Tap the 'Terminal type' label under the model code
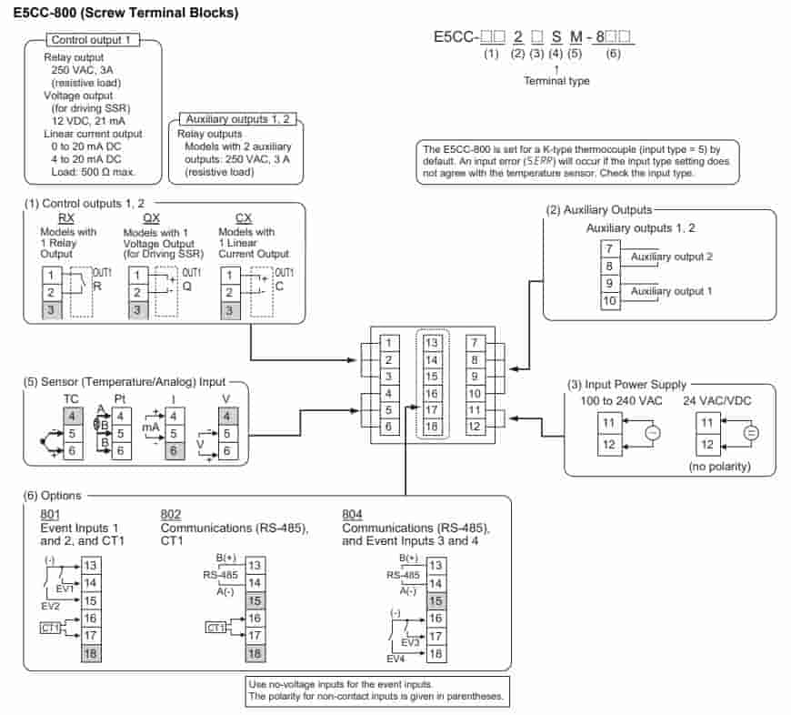pos(556,81)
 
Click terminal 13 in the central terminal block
pos(432,343)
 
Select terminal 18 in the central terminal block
pos(432,426)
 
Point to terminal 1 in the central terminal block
pos(387,343)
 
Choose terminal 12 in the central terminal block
pos(475,426)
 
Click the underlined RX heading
pos(66,218)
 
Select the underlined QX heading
pos(151,218)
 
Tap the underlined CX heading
pos(244,218)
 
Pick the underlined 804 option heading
pos(352,514)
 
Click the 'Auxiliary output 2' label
pos(671,257)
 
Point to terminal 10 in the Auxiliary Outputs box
pos(610,300)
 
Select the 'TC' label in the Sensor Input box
pos(70,398)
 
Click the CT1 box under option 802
pos(215,628)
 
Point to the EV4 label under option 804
pos(395,658)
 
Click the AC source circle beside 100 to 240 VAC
pos(652,433)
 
